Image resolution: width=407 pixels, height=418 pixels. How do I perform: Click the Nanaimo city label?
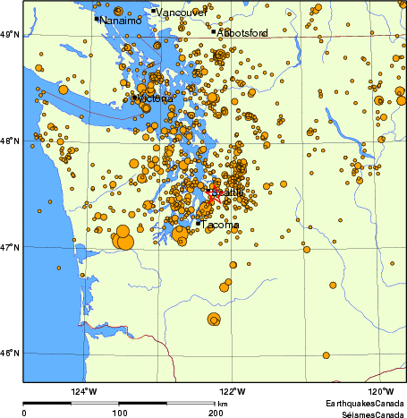click(x=121, y=20)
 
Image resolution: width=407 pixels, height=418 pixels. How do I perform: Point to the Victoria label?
click(x=153, y=98)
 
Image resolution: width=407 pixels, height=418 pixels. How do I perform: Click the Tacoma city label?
click(x=221, y=225)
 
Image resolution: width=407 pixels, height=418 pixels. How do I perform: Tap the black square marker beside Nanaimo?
click(x=97, y=18)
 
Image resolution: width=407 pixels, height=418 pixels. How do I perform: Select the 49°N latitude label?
click(x=11, y=35)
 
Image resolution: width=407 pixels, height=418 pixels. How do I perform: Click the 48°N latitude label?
click(x=11, y=141)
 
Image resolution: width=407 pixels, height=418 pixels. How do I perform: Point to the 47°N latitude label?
click(x=11, y=247)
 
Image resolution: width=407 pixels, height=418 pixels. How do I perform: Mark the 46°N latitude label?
click(x=11, y=353)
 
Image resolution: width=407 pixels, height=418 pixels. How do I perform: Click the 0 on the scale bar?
click(x=24, y=414)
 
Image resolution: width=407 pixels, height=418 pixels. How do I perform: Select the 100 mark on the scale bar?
click(x=119, y=414)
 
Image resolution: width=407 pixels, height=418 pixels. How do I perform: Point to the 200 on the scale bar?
click(x=216, y=414)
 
